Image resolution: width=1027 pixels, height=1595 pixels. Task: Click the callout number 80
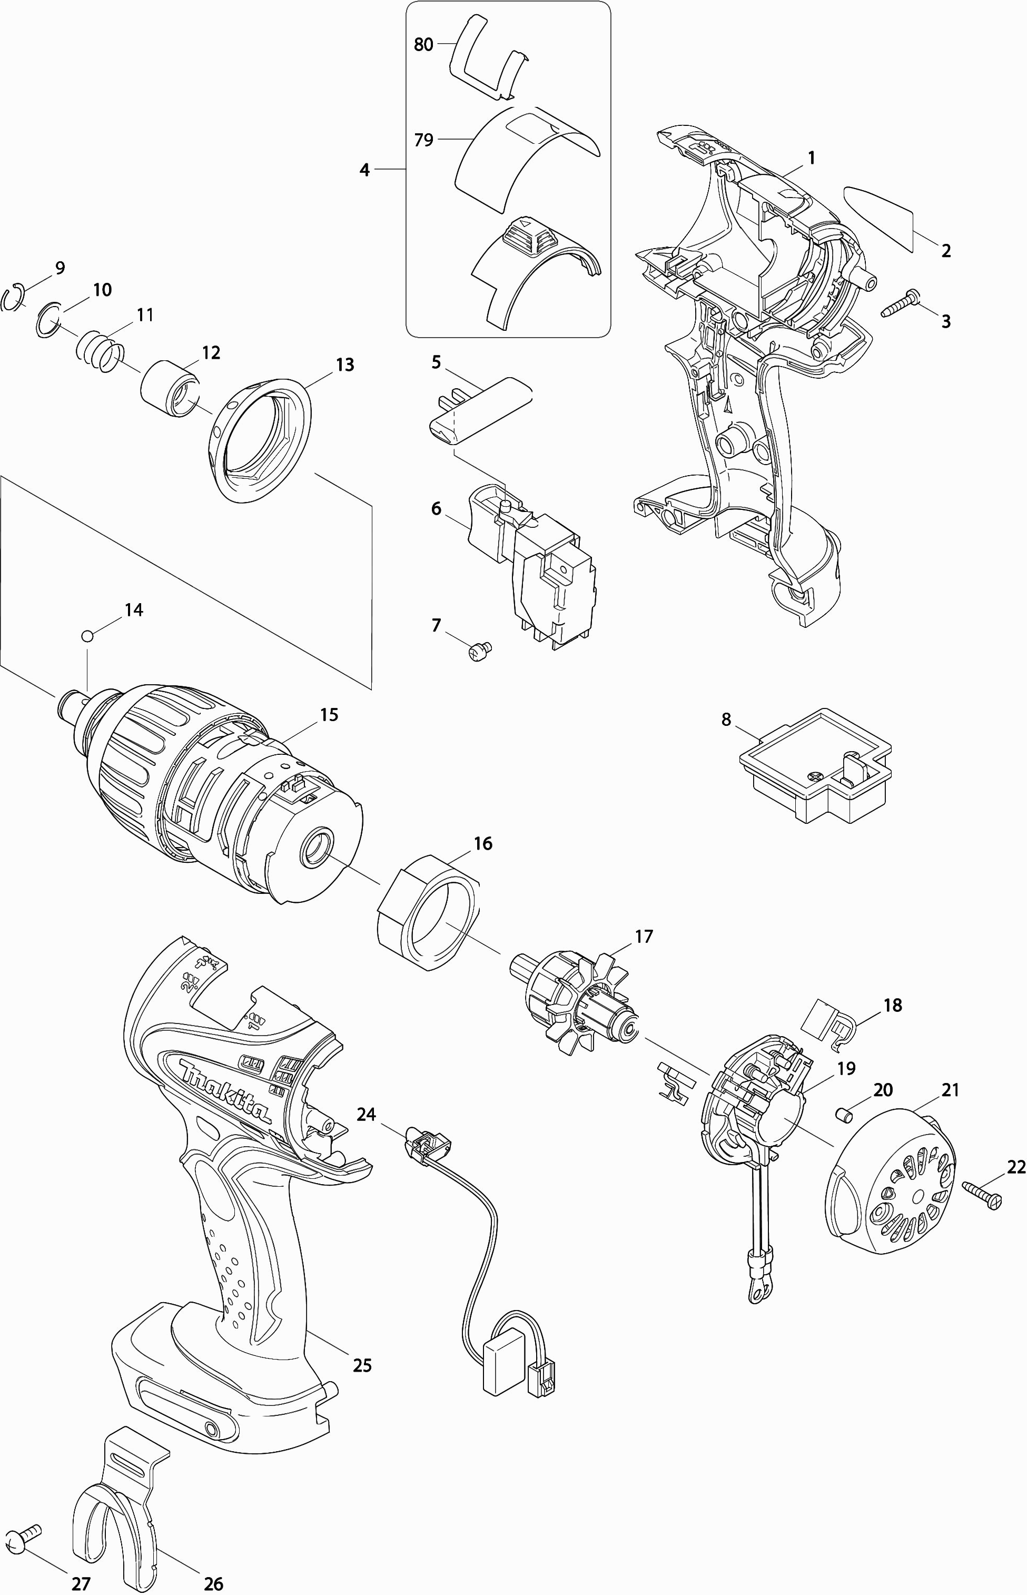click(x=423, y=45)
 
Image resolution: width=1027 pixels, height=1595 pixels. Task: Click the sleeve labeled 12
click(x=170, y=389)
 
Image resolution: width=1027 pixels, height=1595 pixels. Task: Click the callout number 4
click(x=364, y=170)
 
